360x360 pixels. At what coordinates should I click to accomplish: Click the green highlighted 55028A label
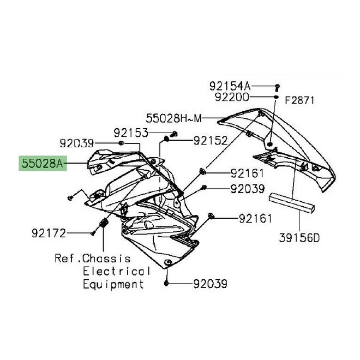43,163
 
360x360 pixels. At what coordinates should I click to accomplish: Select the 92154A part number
230,86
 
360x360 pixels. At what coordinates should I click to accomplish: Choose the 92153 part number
130,133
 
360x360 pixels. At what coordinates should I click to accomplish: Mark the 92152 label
210,141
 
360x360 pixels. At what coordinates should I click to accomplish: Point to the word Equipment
113,284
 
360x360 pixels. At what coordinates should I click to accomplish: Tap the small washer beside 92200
277,98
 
